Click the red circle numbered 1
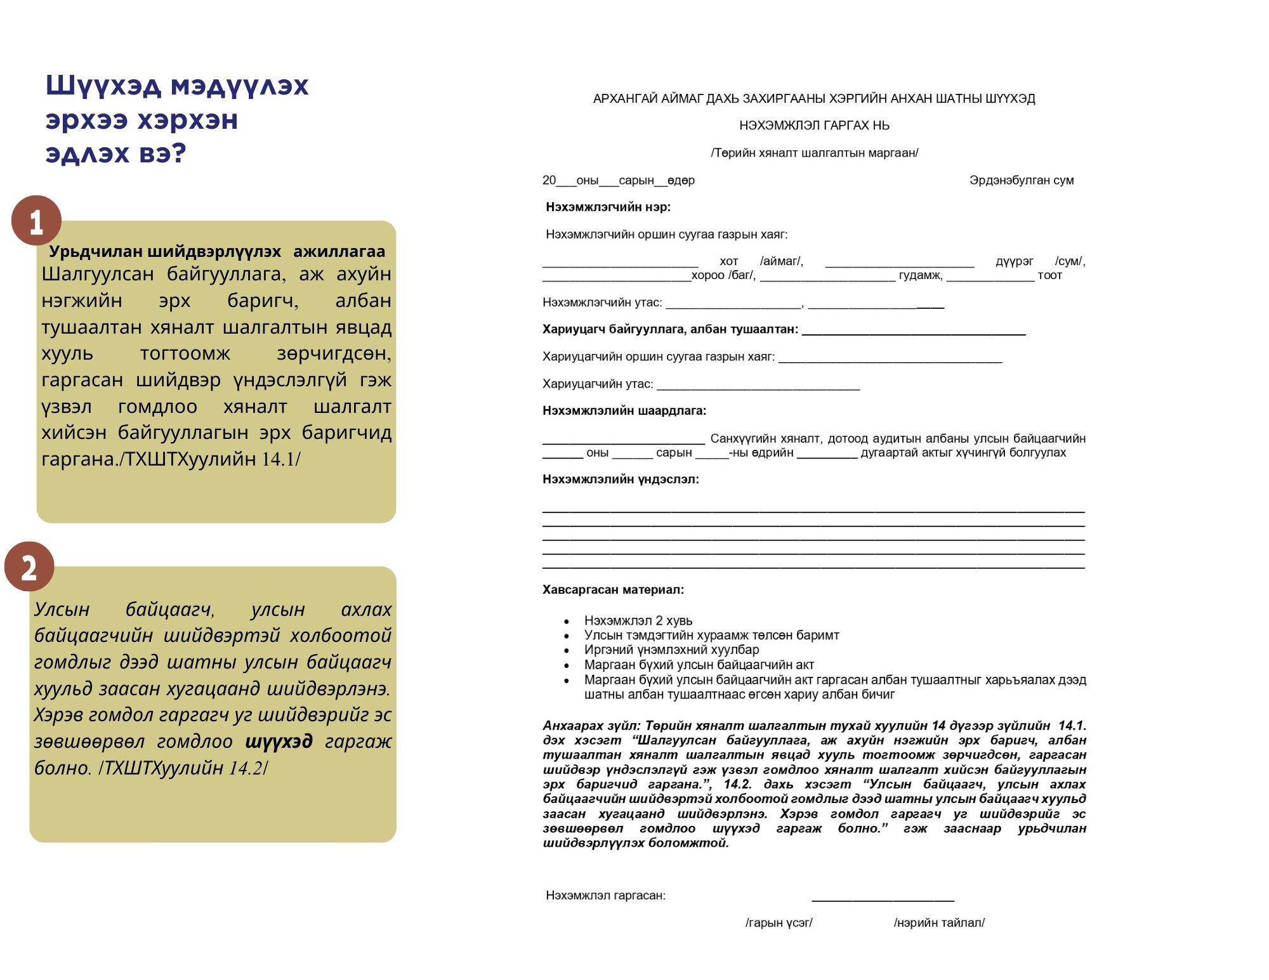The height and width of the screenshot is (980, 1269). click(x=36, y=221)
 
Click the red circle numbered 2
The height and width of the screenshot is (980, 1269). click(x=29, y=566)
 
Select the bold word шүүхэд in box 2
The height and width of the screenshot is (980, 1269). click(x=279, y=741)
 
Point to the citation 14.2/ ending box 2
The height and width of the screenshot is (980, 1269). click(x=248, y=768)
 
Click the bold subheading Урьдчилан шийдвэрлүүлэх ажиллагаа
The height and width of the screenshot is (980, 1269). click(x=217, y=251)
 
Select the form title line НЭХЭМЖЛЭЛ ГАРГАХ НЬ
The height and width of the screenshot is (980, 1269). click(x=814, y=126)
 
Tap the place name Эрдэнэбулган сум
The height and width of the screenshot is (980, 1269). click(x=1021, y=180)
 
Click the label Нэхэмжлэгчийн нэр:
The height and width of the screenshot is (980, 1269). click(x=608, y=207)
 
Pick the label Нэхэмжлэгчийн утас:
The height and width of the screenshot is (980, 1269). click(x=602, y=303)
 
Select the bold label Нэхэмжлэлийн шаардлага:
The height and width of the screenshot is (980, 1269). click(x=624, y=411)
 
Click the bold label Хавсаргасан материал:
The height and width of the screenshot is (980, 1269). click(x=613, y=590)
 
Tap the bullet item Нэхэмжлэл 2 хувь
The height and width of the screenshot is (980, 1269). click(x=638, y=620)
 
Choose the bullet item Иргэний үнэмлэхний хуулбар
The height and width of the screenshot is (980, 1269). click(x=671, y=650)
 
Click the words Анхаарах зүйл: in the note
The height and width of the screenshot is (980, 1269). click(x=591, y=726)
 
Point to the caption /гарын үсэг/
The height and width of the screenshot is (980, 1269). click(x=779, y=922)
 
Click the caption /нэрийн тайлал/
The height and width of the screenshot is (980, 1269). click(x=939, y=922)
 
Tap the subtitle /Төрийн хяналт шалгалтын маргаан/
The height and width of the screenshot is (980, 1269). click(x=814, y=153)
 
